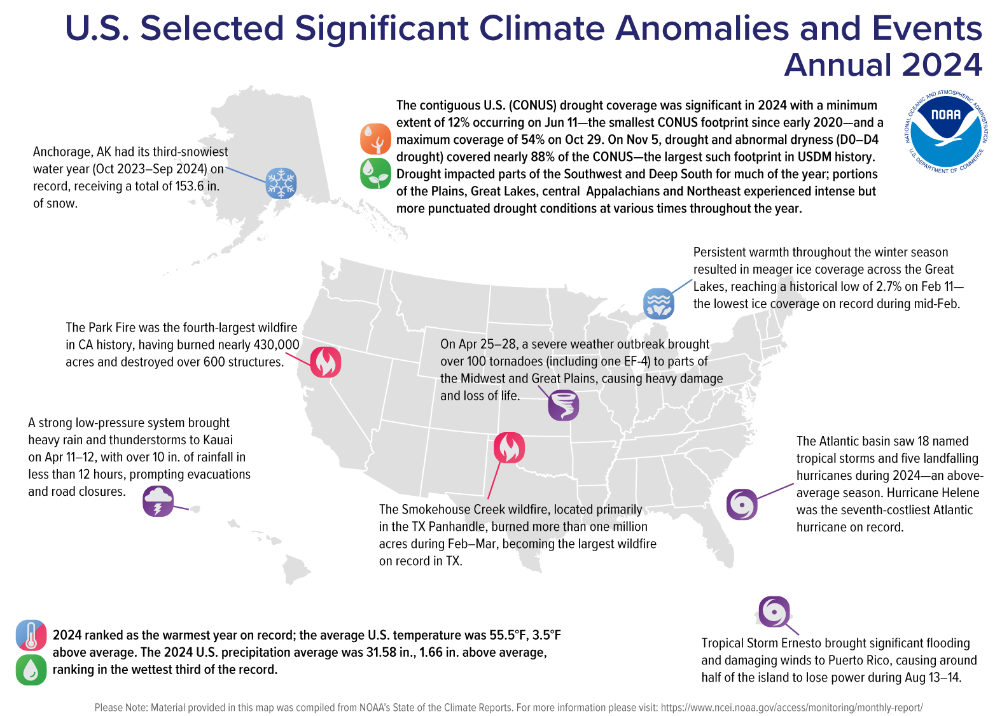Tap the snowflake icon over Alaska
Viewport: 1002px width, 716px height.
coord(281,183)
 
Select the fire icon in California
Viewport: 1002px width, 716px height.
coord(326,362)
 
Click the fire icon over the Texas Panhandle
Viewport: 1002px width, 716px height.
coord(509,447)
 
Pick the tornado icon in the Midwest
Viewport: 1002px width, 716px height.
coord(564,405)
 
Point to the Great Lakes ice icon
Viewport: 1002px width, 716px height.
coord(658,303)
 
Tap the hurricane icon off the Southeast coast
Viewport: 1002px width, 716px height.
coord(742,505)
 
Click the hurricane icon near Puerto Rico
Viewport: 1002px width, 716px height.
coord(774,612)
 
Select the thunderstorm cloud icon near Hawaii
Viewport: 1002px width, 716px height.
coord(158,501)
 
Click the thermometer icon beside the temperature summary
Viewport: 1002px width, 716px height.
coord(31,635)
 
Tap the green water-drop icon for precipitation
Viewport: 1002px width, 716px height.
coord(31,670)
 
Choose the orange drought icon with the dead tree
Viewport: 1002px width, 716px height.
coord(375,139)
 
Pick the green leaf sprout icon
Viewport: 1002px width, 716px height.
coord(375,173)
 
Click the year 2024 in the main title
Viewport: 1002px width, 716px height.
coord(942,65)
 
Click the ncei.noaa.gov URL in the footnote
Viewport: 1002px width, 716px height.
coord(791,708)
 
